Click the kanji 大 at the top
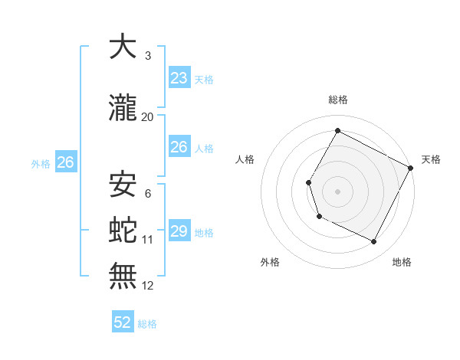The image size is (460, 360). pos(123,47)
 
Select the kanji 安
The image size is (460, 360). pos(123,184)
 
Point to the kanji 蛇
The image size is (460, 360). pos(123,228)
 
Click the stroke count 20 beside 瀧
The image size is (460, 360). pos(148,116)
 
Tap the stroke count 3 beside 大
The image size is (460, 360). pos(148,56)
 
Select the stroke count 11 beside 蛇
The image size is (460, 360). pos(148,239)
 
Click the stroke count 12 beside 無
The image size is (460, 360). pos(148,286)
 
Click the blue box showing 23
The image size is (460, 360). pos(179,78)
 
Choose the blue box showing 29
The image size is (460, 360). pos(179,231)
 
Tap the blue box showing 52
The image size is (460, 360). pos(123,322)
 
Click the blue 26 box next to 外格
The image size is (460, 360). pos(65,162)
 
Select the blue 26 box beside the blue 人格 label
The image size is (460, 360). pos(179,147)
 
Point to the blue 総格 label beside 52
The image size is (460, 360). pos(147,324)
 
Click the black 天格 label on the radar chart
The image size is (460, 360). pos(431,159)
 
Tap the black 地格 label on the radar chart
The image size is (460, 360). pos(402,262)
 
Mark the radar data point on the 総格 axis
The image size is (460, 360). pos(337,130)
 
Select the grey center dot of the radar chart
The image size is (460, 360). pos(337,191)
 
